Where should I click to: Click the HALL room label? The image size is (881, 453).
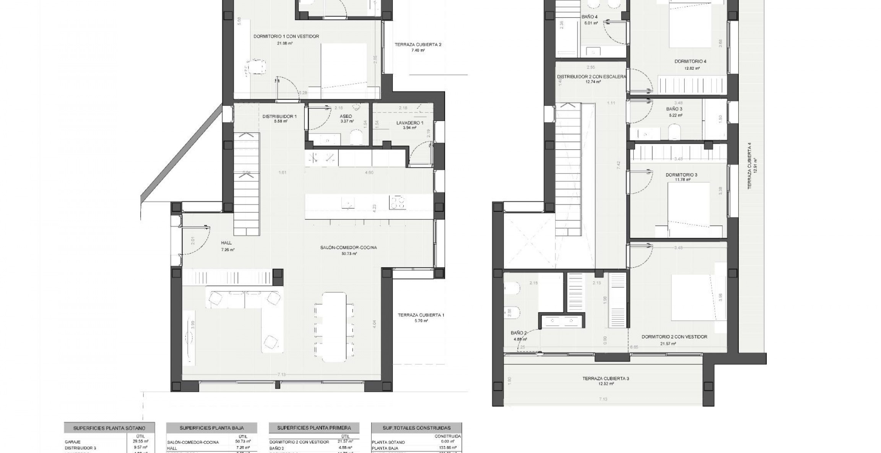tap(226, 243)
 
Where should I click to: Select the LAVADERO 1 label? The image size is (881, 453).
tap(410, 123)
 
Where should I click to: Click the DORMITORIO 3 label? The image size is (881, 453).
tap(681, 175)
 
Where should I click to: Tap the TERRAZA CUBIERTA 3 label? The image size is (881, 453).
tap(606, 378)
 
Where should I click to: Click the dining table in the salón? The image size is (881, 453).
tap(335, 326)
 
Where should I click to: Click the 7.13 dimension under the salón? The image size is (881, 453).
tap(281, 375)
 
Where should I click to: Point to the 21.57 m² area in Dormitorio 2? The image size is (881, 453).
tap(668, 344)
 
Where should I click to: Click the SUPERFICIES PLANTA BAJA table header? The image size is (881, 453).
tap(212, 428)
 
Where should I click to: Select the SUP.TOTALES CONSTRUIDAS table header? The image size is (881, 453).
tap(416, 428)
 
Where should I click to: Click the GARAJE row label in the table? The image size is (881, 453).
tap(73, 442)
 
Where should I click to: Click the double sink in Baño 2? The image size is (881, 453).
tap(562, 320)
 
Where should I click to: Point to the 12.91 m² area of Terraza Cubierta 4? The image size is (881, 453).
tap(755, 166)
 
